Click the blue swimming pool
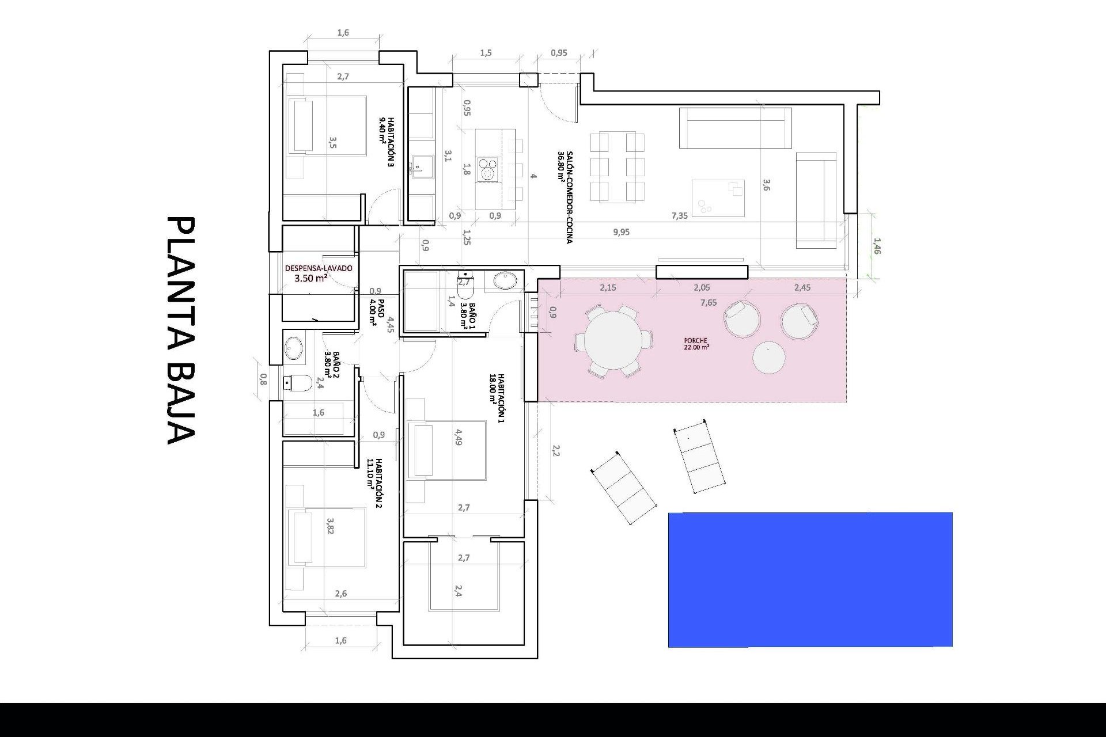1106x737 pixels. tap(810, 579)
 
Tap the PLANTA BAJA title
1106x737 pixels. tap(182, 330)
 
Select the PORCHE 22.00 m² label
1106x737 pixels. tap(696, 344)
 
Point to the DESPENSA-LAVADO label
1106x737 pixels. tap(319, 268)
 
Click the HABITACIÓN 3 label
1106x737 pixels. tap(387, 142)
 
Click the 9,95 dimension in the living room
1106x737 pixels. tap(622, 232)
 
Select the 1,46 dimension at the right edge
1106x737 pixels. tap(877, 246)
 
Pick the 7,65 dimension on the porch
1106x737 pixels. tap(709, 302)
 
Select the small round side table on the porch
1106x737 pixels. tap(768, 358)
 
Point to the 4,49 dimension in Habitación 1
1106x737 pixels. tap(458, 437)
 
